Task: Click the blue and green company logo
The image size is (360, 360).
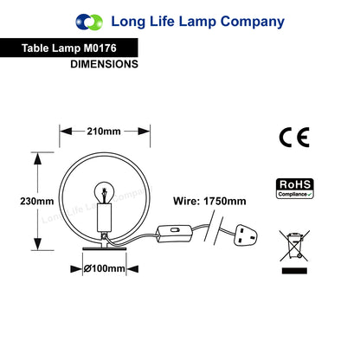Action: click(x=89, y=22)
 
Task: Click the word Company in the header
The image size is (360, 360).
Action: click(x=253, y=22)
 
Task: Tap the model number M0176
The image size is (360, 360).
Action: click(x=100, y=48)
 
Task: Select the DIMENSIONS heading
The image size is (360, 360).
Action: click(x=104, y=64)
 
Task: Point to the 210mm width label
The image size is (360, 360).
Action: click(x=104, y=132)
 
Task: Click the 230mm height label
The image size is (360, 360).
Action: click(x=37, y=201)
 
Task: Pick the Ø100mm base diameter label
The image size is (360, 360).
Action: click(x=104, y=268)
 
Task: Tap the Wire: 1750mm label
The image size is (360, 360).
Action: click(x=209, y=201)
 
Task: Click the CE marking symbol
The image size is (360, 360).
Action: click(x=294, y=138)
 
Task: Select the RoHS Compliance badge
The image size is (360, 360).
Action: click(x=295, y=189)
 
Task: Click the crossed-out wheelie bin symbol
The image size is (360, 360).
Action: click(x=294, y=246)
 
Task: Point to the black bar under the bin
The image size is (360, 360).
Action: click(x=294, y=271)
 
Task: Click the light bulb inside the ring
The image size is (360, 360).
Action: click(x=104, y=192)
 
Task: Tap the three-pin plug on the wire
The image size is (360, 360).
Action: click(x=245, y=235)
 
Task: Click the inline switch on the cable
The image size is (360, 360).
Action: click(x=175, y=234)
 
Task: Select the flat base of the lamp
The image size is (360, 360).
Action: click(x=104, y=248)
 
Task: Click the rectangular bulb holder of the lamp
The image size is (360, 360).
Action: click(x=104, y=217)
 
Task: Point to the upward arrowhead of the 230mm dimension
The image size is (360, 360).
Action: click(x=37, y=158)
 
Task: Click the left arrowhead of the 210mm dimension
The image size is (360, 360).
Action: click(x=66, y=132)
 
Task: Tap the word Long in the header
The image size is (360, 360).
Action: click(x=128, y=22)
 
